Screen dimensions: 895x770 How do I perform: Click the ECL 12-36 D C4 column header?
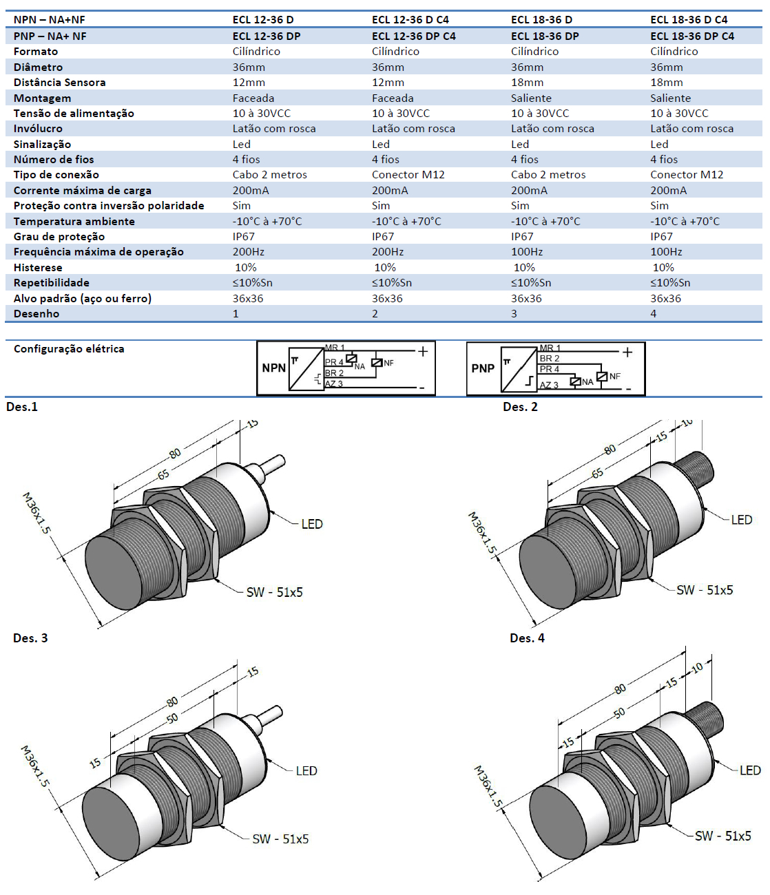point(410,20)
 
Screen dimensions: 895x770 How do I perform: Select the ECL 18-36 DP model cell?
point(544,36)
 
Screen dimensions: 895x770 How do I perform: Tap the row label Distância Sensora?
point(59,83)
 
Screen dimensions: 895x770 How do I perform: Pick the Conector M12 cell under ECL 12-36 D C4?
point(408,175)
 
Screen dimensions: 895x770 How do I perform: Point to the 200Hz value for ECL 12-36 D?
point(248,252)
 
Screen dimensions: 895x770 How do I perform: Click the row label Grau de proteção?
point(59,237)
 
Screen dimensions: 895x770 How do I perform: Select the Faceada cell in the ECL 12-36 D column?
point(253,98)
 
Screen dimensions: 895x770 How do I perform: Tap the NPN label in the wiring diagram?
point(273,368)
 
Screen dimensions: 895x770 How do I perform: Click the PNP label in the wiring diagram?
point(483,368)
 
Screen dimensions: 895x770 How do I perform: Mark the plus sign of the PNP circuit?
point(627,352)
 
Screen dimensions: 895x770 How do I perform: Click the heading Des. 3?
point(30,638)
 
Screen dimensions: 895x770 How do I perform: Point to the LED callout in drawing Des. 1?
point(311,524)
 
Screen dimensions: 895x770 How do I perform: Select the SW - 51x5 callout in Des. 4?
point(722,836)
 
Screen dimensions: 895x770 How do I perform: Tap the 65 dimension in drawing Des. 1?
point(163,474)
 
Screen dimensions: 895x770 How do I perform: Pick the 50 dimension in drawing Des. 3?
point(171,717)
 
